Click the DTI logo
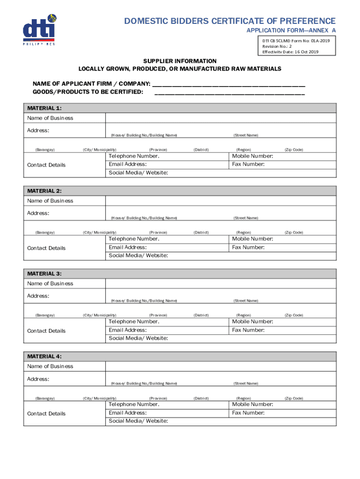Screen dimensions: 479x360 [x=39, y=30]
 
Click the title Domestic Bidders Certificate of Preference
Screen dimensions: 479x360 [x=230, y=21]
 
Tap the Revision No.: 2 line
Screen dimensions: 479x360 [x=277, y=46]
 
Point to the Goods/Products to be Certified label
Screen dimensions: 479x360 [x=87, y=92]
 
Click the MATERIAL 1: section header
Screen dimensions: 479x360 [x=44, y=108]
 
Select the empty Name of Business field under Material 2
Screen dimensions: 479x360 [x=220, y=201]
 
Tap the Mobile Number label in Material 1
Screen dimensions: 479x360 [x=252, y=156]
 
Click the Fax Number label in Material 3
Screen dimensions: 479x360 [x=248, y=330]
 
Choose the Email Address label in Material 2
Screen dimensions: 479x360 [x=128, y=247]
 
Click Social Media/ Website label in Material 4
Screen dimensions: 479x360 [x=138, y=421]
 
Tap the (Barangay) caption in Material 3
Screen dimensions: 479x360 [x=45, y=315]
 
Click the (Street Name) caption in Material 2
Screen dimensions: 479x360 [x=245, y=218]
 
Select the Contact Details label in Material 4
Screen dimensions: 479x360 [x=46, y=414]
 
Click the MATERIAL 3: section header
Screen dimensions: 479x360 [x=44, y=274]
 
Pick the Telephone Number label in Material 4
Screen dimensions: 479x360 [x=134, y=404]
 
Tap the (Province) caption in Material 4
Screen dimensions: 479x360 [x=158, y=398]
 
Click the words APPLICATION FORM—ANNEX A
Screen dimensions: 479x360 [x=291, y=31]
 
